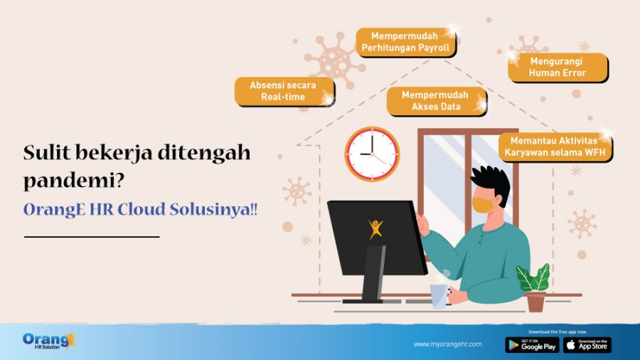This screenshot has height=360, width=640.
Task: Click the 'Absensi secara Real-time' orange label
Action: [283, 90]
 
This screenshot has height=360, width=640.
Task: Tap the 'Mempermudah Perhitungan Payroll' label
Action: [405, 41]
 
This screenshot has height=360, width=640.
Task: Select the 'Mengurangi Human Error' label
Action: [557, 67]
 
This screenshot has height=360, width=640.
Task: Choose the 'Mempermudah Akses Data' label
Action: [436, 100]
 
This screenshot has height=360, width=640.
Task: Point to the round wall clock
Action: [372, 154]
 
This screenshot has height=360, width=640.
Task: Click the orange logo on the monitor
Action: [376, 228]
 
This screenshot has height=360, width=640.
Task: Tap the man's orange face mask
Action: [484, 204]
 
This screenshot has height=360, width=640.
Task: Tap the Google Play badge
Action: [532, 345]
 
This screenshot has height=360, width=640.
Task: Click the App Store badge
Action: [587, 345]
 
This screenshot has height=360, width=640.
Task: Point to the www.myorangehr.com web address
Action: [447, 344]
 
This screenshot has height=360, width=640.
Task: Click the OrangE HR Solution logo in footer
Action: [48, 341]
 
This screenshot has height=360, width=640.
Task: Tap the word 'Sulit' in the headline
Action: [49, 152]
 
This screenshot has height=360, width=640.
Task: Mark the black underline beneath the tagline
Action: [92, 236]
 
